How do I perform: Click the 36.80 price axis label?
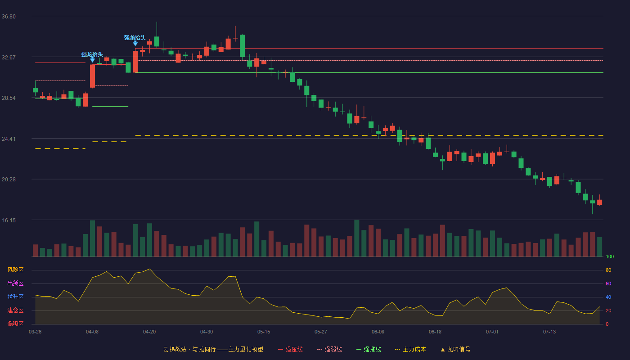tap(9, 17)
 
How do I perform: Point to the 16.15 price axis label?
tap(9, 220)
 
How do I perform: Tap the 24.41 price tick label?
tap(9, 139)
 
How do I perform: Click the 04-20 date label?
tap(149, 332)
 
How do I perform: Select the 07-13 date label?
tap(549, 332)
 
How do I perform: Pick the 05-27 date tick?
tap(320, 332)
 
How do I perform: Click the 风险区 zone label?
tap(15, 270)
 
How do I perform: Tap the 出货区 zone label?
tap(15, 283)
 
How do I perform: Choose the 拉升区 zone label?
tap(15, 297)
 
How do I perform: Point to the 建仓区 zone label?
tap(15, 310)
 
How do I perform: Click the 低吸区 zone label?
tap(15, 324)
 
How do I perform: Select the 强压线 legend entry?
tap(291, 349)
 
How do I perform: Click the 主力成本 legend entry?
tap(410, 349)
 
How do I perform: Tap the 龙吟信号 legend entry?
tap(455, 349)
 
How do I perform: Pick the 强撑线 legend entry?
tap(369, 349)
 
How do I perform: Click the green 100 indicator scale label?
tap(610, 256)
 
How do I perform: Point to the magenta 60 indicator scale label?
tap(608, 283)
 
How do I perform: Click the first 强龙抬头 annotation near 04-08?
tap(92, 54)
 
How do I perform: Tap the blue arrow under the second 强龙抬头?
tap(135, 43)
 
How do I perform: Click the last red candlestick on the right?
tap(599, 202)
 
